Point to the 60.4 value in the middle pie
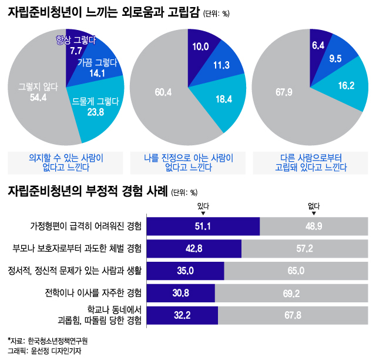tap(163, 92)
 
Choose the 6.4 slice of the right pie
tap(318, 45)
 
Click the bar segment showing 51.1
tap(203, 226)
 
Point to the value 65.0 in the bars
tap(296, 271)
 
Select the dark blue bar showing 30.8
tap(180, 292)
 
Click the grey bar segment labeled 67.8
tap(291, 315)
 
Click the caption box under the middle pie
tap(188, 162)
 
